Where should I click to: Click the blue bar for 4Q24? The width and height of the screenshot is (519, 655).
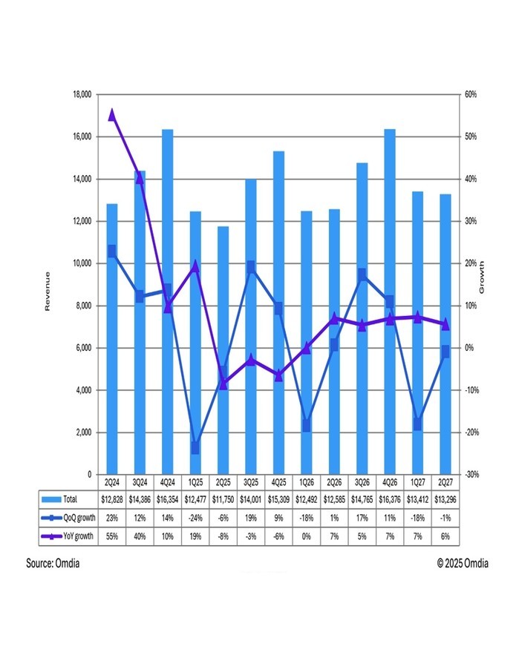[167, 297]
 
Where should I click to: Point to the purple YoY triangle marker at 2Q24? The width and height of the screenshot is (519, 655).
[112, 114]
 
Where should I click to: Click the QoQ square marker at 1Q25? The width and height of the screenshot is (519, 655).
[195, 448]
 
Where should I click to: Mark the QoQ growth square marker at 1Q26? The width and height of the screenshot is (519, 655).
[306, 425]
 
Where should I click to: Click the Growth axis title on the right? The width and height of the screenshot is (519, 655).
[482, 277]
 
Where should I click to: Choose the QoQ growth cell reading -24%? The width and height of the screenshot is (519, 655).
[195, 518]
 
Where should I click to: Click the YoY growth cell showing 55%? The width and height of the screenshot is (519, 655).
[112, 536]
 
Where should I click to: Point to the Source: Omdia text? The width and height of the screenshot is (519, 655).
[53, 564]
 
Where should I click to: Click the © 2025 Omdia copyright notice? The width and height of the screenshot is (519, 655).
[465, 564]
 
